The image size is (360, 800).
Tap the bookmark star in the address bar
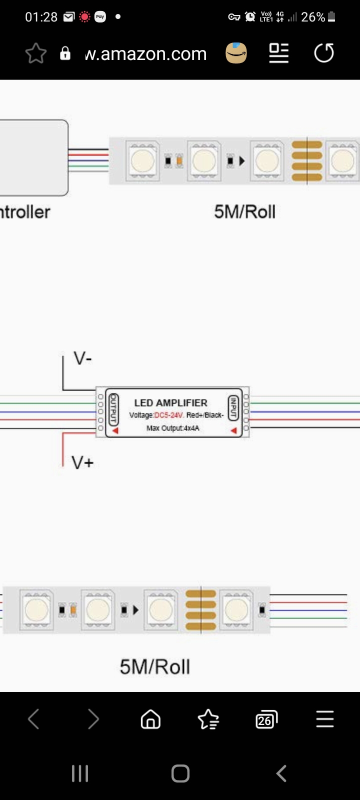36,53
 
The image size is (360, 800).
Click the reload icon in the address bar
324,53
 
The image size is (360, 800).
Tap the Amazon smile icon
236,53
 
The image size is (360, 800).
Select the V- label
82,358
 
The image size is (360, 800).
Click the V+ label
82,462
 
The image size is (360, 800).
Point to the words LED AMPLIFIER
170,402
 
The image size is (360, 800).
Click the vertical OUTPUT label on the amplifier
113,408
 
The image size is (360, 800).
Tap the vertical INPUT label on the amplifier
232,408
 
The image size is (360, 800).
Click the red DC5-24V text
169,415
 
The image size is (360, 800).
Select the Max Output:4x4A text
172,428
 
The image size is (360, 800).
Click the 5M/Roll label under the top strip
244,212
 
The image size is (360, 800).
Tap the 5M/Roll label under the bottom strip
155,667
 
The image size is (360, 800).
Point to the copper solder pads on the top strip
307,161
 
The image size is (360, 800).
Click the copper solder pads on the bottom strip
201,610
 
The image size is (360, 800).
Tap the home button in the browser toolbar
150,719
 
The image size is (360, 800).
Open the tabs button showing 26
266,719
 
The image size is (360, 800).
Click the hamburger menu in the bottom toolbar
324,719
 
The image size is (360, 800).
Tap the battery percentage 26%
313,17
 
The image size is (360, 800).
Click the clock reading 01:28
41,17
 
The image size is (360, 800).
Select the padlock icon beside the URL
65,53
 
